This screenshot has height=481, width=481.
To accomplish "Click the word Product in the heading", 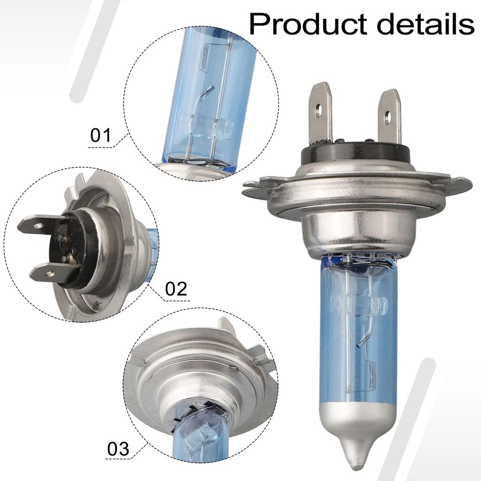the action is click(308, 24).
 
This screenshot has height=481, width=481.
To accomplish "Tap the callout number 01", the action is click(101, 135).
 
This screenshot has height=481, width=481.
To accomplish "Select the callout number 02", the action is click(176, 289).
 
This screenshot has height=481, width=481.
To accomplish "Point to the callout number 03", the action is click(118, 449).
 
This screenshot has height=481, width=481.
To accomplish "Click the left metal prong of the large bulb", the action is click(321, 114).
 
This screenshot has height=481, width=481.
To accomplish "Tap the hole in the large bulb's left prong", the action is click(319, 109).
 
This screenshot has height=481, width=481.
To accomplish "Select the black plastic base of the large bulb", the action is click(356, 153).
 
